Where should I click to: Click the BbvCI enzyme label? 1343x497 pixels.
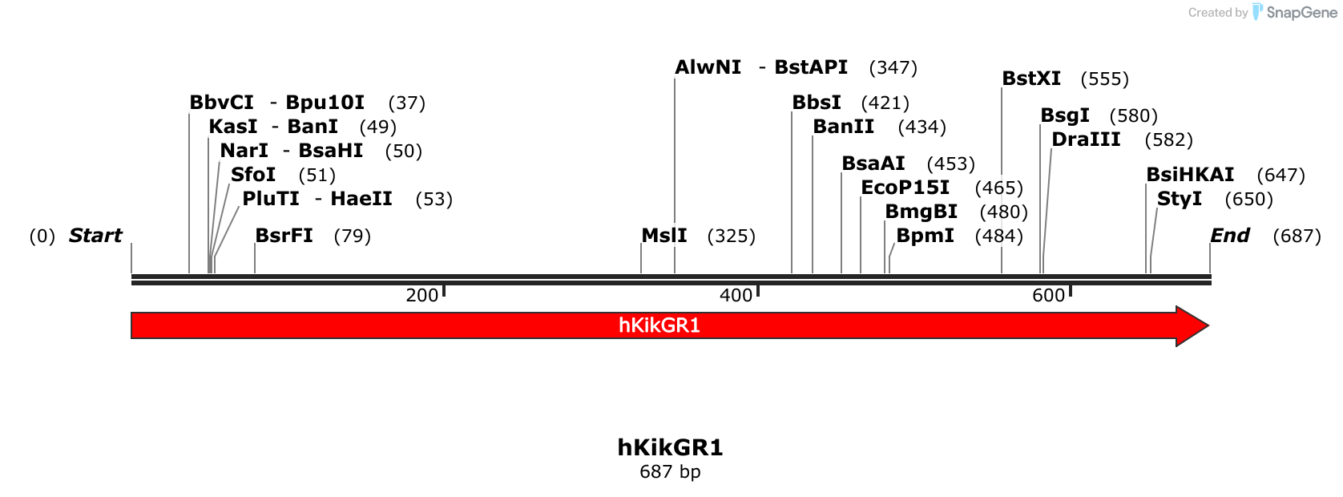[x=221, y=103]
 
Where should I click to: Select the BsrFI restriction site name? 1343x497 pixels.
[x=284, y=236]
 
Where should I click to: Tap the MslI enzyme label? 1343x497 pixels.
[x=664, y=236]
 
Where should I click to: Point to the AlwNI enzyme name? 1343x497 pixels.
[x=708, y=67]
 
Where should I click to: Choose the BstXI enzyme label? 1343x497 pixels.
[x=1031, y=79]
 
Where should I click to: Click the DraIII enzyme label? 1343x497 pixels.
[x=1086, y=139]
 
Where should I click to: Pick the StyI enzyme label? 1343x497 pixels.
[x=1180, y=199]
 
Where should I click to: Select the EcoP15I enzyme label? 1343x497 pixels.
[x=905, y=188]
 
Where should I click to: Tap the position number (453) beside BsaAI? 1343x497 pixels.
[x=950, y=164]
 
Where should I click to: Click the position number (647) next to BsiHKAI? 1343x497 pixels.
[x=1280, y=175]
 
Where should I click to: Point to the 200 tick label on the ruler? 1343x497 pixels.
[x=421, y=295]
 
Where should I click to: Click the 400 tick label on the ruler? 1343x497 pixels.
[x=736, y=295]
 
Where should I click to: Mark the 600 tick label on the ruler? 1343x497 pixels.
[x=1048, y=295]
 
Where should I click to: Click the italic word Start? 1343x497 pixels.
[x=95, y=236]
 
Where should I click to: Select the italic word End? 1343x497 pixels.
[x=1229, y=236]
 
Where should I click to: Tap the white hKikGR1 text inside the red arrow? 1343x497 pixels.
[x=659, y=325]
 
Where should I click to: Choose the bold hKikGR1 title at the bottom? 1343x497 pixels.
[x=670, y=447]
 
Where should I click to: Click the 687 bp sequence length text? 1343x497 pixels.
[x=670, y=471]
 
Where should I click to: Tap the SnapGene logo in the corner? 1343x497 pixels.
[x=1295, y=12]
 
